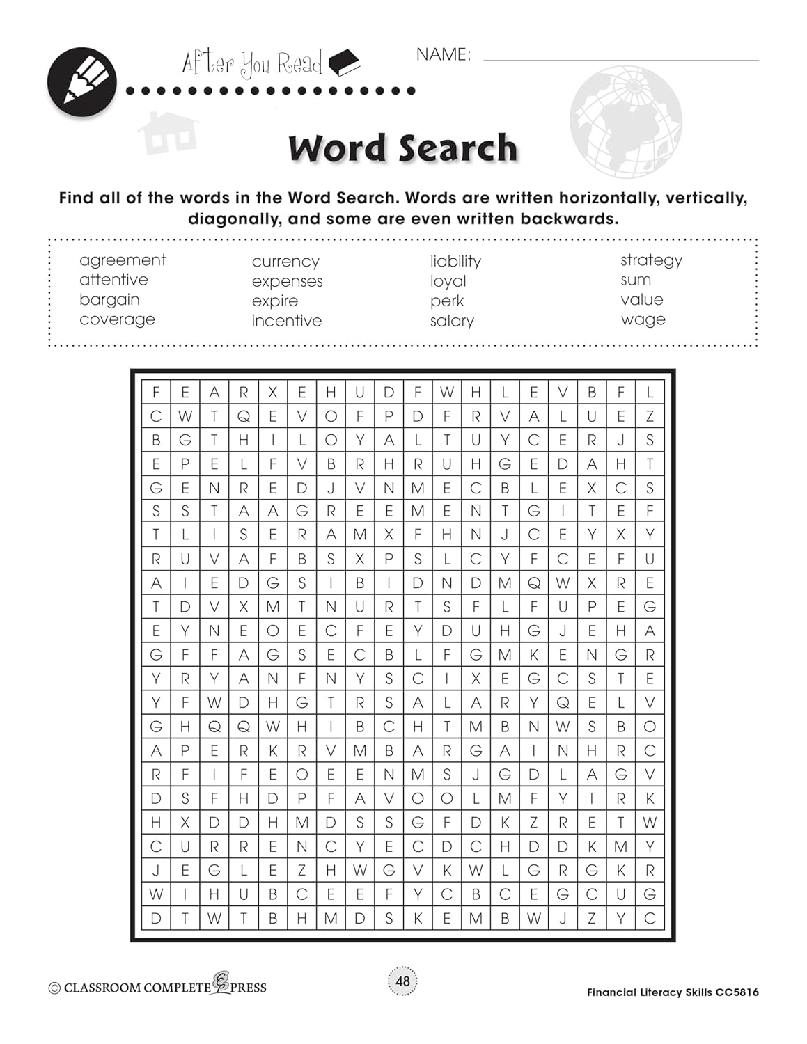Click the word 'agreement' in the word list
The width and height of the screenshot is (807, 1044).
pos(123,260)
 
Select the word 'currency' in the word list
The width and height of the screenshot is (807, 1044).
pos(285,262)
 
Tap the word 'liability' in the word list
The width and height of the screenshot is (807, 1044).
pos(455,262)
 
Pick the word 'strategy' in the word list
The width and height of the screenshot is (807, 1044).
pos(651,260)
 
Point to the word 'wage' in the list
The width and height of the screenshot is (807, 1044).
pos(643,319)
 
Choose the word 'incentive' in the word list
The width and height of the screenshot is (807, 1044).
pos(287,321)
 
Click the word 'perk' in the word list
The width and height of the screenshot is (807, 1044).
pos(447,301)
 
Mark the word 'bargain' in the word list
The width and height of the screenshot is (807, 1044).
pos(109,300)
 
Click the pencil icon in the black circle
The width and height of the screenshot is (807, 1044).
pos(82,82)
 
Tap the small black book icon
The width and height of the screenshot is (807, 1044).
pos(344,63)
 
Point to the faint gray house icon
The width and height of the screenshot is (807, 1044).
pos(167,132)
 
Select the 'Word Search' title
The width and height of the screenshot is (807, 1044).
pos(403,148)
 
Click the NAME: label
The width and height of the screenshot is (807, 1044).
pos(444,55)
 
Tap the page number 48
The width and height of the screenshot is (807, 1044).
pos(403,981)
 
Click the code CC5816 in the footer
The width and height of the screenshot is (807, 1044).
pos(737,992)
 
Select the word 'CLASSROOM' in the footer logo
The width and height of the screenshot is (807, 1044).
pos(103,988)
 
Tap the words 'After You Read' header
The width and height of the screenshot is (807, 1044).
pos(252,64)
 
